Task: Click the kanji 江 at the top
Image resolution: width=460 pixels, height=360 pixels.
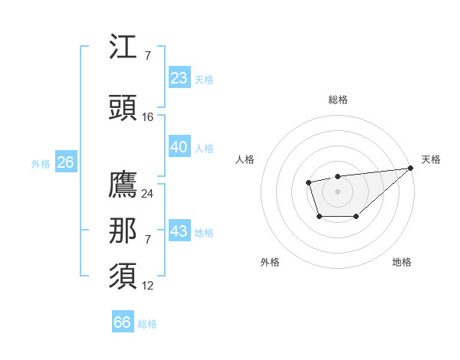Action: [x=123, y=48]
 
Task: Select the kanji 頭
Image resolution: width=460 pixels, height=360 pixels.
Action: [x=123, y=108]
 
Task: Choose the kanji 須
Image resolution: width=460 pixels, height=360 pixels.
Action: [x=123, y=277]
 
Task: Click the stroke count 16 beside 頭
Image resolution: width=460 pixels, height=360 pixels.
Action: [x=148, y=117]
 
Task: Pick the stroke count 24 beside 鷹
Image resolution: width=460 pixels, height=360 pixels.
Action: [x=148, y=194]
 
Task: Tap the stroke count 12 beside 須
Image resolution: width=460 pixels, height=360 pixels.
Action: [x=148, y=286]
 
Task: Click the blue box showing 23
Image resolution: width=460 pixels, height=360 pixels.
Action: [x=179, y=78]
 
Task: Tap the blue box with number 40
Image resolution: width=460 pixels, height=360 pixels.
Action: [x=179, y=147]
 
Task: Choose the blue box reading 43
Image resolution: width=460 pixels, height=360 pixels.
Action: [x=179, y=231]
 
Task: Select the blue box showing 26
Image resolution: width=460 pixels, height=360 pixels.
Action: [x=66, y=162]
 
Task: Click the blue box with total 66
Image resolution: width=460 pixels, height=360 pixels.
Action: [x=123, y=322]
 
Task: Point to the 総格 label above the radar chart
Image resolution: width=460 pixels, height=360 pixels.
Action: [x=337, y=100]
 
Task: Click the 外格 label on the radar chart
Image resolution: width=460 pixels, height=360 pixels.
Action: [x=270, y=262]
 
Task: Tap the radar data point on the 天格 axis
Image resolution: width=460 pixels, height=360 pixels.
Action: [x=411, y=169]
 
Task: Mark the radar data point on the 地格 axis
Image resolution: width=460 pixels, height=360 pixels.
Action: [x=356, y=217]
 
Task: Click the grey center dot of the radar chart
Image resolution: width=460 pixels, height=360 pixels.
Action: [x=337, y=191]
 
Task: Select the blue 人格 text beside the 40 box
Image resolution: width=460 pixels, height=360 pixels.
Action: [x=204, y=149]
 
